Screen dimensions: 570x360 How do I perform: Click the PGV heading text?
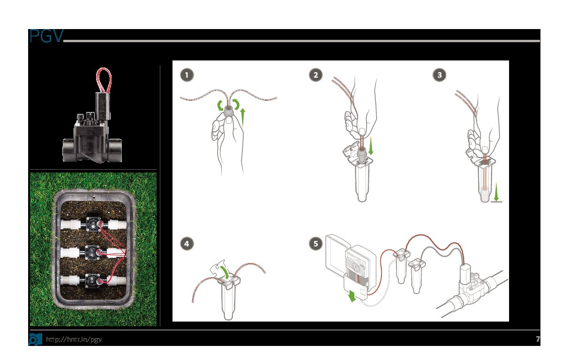[46, 36]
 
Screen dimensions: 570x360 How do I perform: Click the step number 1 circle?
[187, 75]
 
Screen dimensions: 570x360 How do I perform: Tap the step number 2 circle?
[316, 75]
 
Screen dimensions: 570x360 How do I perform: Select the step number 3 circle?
[440, 75]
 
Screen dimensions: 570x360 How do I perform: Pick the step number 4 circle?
[187, 244]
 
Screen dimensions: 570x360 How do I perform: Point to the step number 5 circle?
[316, 244]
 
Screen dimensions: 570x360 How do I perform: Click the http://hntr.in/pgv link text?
[74, 339]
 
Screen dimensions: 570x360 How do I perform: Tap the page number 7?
[538, 339]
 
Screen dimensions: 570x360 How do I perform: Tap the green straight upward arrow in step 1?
[243, 117]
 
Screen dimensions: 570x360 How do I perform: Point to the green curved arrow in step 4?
[225, 272]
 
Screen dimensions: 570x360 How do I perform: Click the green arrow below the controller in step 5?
[352, 296]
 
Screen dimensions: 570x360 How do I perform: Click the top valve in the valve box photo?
[94, 224]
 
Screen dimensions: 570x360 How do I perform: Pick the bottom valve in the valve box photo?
[93, 281]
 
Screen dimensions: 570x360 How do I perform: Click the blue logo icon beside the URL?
[35, 339]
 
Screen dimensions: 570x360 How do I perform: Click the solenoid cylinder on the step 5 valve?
[465, 273]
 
